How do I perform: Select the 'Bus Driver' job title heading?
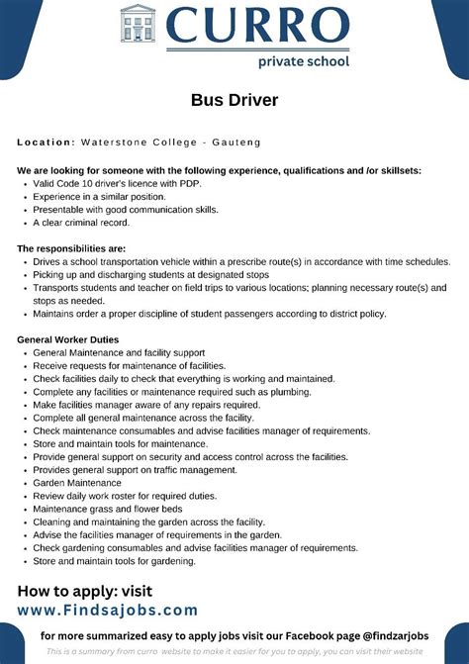coord(234,101)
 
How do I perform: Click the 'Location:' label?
coord(47,143)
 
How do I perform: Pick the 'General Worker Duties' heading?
coord(68,339)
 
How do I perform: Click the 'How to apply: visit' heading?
coord(86,592)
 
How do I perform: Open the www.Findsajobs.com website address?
coord(108,611)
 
